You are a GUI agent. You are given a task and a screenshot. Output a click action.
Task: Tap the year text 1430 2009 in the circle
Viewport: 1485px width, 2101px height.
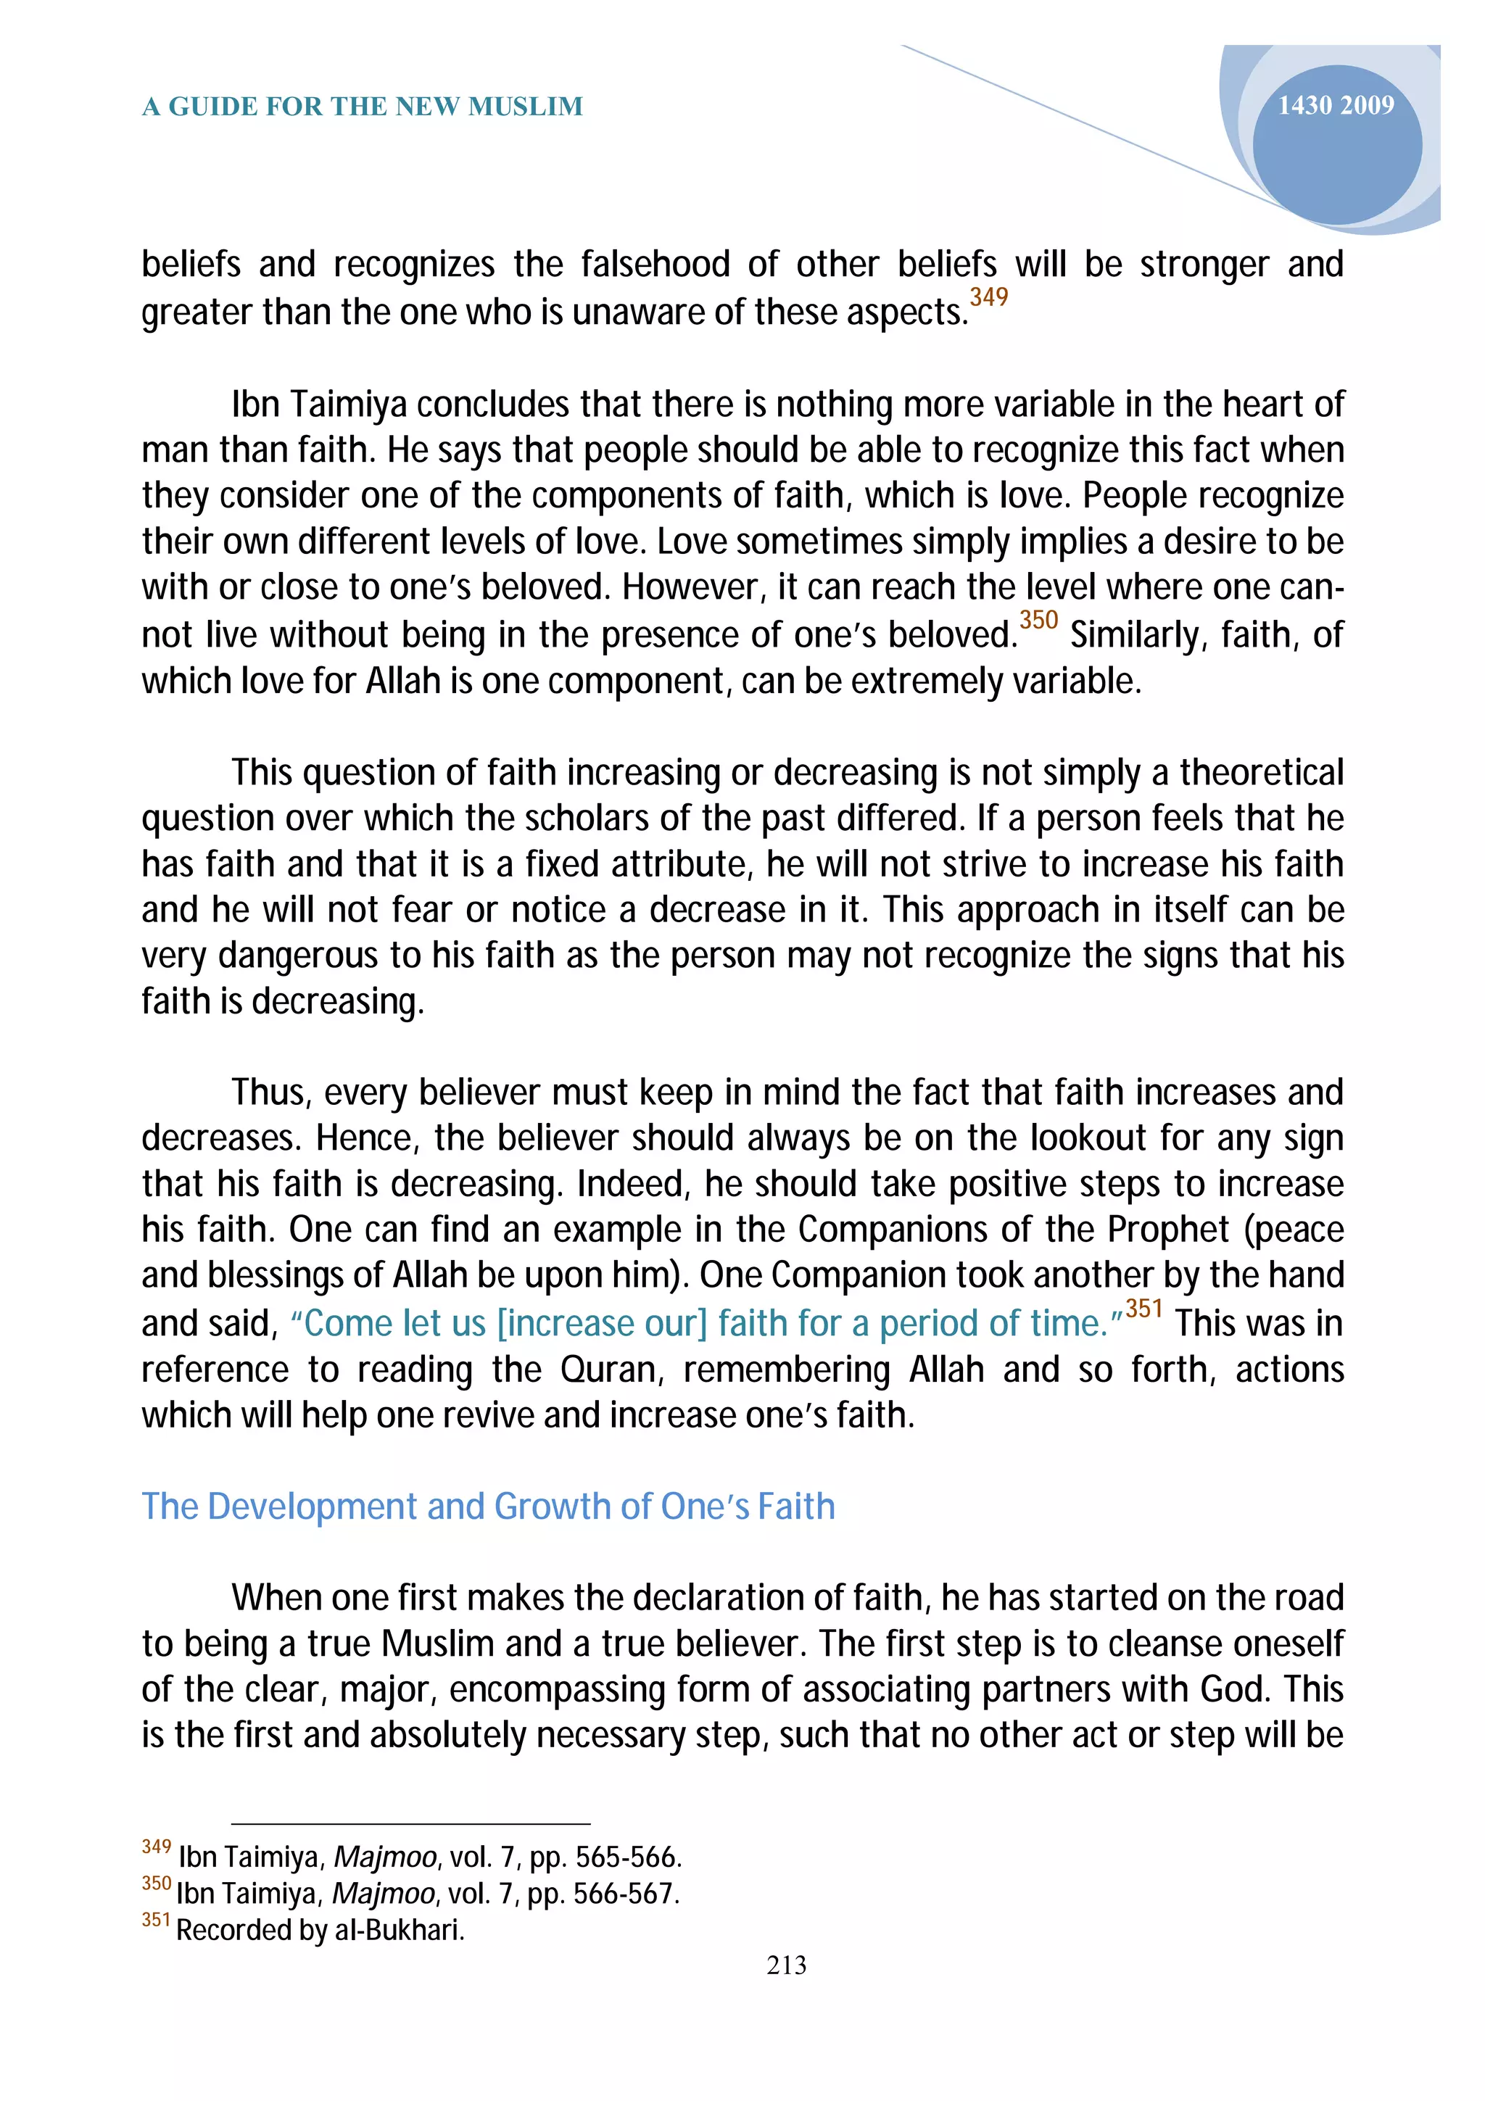pos(1335,105)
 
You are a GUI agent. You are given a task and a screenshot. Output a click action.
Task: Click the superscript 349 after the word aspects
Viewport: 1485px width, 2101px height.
pos(988,297)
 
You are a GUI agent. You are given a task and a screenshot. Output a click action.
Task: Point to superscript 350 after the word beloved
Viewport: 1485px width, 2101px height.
pos(1038,620)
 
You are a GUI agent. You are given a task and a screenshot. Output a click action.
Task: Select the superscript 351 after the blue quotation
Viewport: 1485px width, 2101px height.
pos(1143,1309)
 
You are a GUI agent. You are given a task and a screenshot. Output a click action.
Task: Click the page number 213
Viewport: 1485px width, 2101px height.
pos(786,1965)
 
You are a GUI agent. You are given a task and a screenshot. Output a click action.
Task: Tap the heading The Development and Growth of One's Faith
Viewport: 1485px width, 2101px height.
pos(488,1507)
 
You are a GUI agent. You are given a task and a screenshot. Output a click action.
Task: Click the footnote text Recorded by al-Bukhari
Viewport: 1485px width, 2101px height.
pos(320,1930)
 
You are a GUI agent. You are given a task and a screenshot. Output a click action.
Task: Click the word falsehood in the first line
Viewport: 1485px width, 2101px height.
pos(655,265)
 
